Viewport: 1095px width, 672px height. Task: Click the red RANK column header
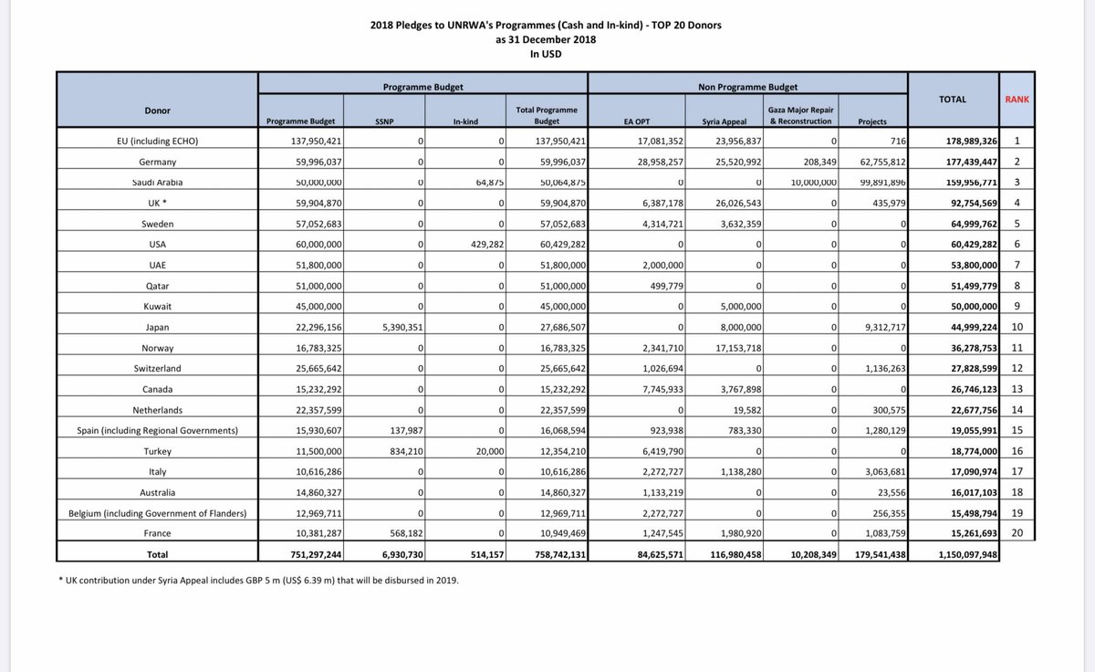pyautogui.click(x=1017, y=99)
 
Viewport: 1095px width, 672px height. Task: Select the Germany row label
pyautogui.click(x=157, y=161)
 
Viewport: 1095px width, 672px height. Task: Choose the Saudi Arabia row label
pyautogui.click(x=157, y=183)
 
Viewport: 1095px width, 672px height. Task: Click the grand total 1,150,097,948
pyautogui.click(x=960, y=553)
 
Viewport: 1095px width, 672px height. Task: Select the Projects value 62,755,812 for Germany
pyautogui.click(x=874, y=163)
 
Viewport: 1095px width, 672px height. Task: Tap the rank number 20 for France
pyautogui.click(x=1017, y=533)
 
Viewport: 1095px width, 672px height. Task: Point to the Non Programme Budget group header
pyautogui.click(x=748, y=88)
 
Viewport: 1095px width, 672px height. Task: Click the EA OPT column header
pyautogui.click(x=639, y=121)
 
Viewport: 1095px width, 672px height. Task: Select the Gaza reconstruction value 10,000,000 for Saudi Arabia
pyautogui.click(x=805, y=183)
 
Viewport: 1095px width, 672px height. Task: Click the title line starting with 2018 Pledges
pyautogui.click(x=547, y=25)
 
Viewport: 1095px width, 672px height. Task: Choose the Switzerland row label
pyautogui.click(x=157, y=369)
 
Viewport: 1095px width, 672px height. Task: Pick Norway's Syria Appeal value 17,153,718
pyautogui.click(x=727, y=348)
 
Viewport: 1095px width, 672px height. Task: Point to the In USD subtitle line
pyautogui.click(x=547, y=54)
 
